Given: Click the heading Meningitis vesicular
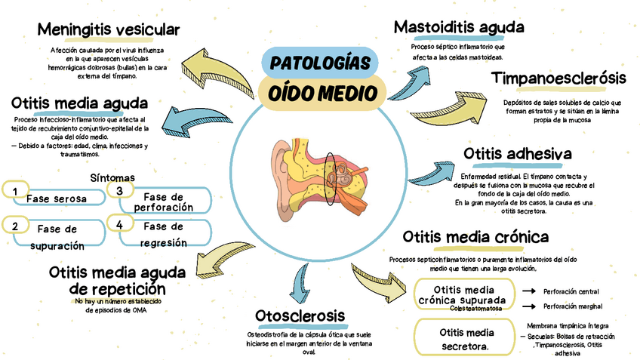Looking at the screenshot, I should point(109,30).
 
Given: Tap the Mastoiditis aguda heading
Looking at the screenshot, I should point(459,27).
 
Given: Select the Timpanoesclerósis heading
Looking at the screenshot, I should point(558,78).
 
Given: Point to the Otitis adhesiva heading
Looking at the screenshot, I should point(517,155).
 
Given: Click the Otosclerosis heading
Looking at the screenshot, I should point(300,315).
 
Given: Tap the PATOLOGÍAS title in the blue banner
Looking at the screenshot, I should point(320,62).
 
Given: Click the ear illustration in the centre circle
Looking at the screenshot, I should point(320,178).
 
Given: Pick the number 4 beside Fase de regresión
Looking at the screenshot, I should point(119,224).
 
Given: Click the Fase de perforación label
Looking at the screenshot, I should point(162,202).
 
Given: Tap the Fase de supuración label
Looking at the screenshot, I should point(57,236).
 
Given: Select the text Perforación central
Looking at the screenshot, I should point(571,291).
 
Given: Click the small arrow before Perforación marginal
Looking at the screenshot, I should point(528,306).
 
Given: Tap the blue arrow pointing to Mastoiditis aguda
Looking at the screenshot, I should point(411,76).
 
